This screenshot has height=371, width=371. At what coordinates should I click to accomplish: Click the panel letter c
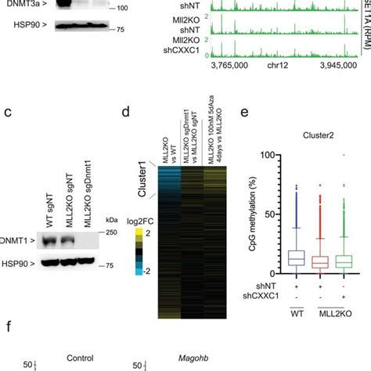[x=7, y=112]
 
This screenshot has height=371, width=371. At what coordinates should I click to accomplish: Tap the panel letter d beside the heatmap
[x=127, y=112]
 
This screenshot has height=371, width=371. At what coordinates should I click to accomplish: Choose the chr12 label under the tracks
[x=290, y=89]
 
